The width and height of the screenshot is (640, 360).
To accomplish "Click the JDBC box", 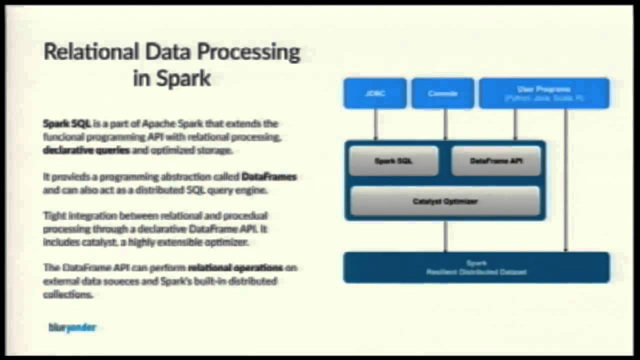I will (375, 93).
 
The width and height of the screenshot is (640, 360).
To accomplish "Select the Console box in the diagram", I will (442, 93).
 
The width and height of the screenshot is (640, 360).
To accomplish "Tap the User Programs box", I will (544, 93).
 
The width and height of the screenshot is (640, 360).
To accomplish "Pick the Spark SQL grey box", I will (393, 161).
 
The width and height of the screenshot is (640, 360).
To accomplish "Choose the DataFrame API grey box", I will (496, 161).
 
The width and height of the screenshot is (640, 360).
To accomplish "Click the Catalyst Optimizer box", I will (445, 201).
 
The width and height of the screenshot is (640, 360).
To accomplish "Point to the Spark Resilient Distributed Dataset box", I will (476, 267).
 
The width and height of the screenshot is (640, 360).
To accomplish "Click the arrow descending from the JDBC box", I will (375, 124).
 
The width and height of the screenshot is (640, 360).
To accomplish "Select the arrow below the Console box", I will (445, 124).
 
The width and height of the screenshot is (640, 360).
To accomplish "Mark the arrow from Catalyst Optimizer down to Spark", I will (445, 236).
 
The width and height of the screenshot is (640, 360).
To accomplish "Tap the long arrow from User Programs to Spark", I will (565, 180).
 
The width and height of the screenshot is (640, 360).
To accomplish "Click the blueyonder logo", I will (72, 327).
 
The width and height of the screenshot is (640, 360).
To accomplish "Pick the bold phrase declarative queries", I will (86, 150).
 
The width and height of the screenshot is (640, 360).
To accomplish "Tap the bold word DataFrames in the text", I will (269, 176).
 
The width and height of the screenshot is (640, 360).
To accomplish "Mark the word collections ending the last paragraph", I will (68, 294).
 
